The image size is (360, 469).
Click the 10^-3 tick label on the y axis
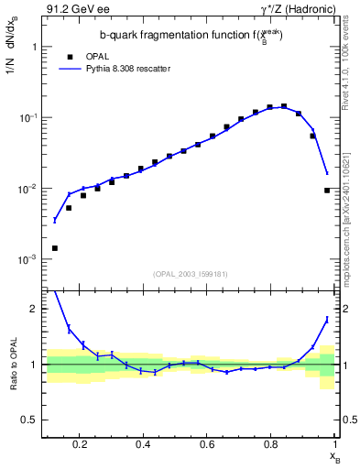click(x=27, y=260)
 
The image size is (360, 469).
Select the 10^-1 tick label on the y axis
click(x=27, y=117)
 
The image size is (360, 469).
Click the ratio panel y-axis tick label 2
click(x=34, y=309)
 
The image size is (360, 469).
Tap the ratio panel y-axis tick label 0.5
click(x=30, y=420)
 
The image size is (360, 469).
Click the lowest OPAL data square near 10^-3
click(x=55, y=248)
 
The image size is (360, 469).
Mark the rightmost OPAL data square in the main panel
click(x=327, y=191)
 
